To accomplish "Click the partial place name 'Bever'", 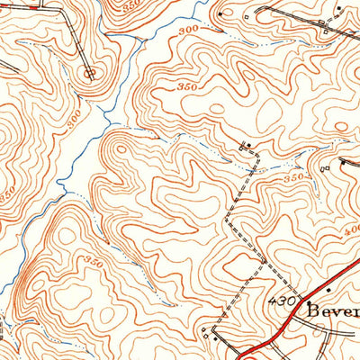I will pos(332,311).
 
